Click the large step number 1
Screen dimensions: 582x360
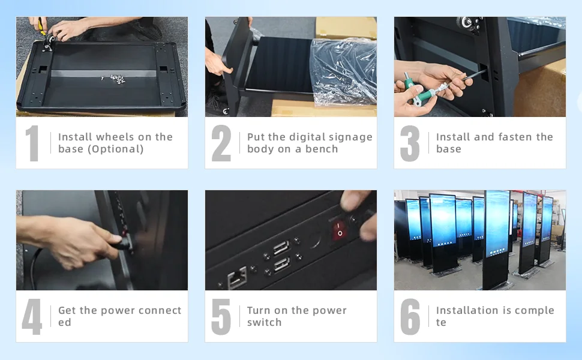32,143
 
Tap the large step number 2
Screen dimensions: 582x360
221,143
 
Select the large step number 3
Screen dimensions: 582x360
410,143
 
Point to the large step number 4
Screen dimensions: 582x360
32,317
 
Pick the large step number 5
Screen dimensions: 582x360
221,317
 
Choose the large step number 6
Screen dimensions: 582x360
410,317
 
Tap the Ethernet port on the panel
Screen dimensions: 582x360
237,277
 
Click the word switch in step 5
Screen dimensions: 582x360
264,322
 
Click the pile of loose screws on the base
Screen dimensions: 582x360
117,79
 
